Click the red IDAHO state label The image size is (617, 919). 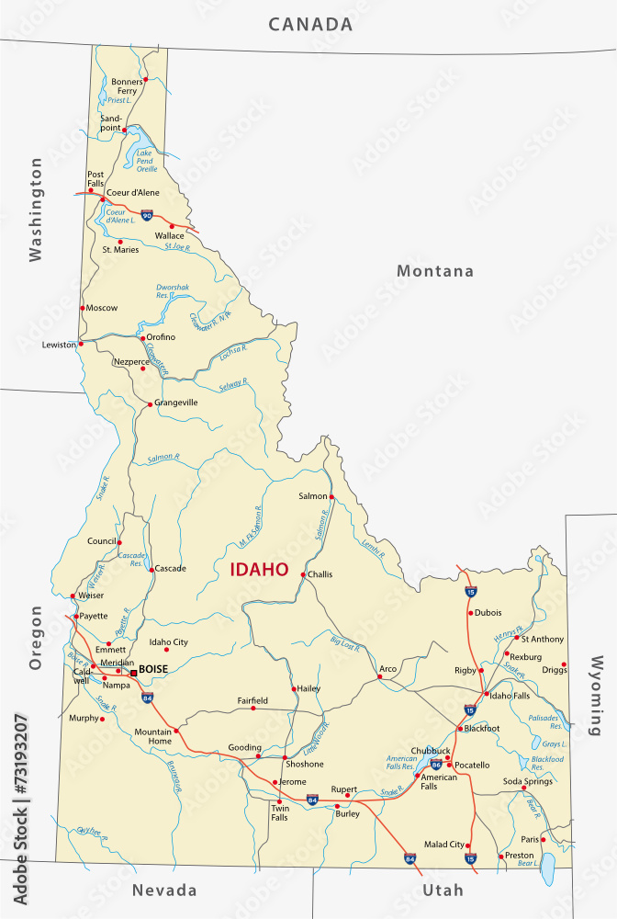tap(258, 570)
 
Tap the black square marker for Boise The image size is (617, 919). tap(133, 673)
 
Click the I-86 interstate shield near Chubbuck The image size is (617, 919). tap(435, 764)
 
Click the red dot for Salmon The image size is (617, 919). tap(332, 497)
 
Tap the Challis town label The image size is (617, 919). tap(320, 574)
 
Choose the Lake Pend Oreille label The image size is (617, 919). tap(147, 162)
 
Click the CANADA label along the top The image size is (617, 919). tap(310, 25)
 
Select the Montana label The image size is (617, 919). tap(435, 271)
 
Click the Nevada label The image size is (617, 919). tap(164, 891)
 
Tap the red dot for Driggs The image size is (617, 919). tap(564, 664)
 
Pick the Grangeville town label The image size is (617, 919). tap(176, 403)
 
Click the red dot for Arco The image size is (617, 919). tap(379, 677)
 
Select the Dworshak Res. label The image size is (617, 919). tap(173, 291)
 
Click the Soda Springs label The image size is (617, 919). tap(523, 781)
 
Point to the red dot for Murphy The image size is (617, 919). tap(102, 719)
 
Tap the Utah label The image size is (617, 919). tap(443, 891)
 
